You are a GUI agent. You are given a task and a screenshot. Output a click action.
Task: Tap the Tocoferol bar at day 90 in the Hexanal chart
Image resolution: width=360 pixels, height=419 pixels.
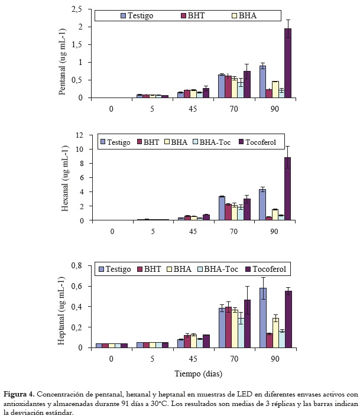pyautogui.click(x=288, y=189)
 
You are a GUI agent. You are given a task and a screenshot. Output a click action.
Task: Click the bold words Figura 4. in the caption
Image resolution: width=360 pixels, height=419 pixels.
pyautogui.click(x=19, y=394)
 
